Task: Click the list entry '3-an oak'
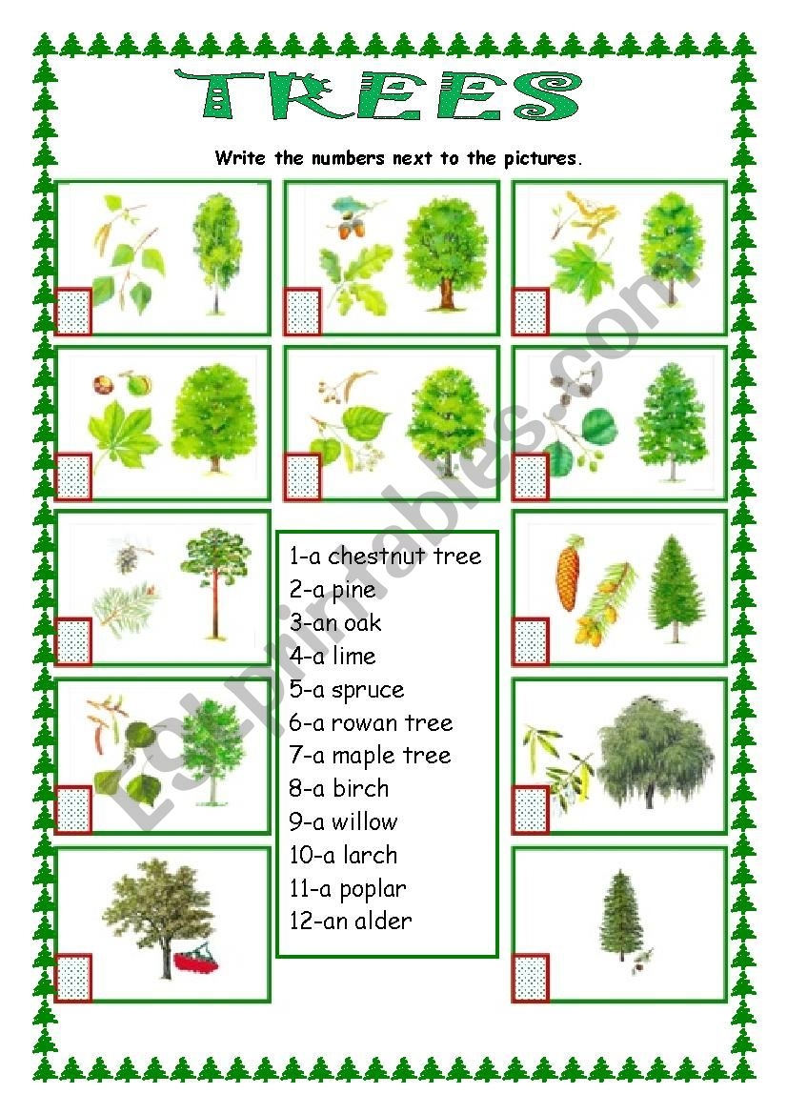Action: point(335,623)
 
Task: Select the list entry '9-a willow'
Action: point(343,822)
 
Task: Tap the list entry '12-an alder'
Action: point(351,921)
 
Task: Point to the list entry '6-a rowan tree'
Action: point(371,722)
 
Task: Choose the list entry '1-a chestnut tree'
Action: point(385,556)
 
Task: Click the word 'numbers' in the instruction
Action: point(348,158)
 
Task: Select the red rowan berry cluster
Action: point(195,960)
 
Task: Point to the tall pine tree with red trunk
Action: point(213,583)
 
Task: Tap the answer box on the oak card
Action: point(303,312)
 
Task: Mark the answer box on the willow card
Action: point(531,808)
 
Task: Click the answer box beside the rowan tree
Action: point(73,979)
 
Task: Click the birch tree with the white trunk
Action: point(214,253)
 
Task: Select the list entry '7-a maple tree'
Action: point(370,756)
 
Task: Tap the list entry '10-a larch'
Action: point(343,855)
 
